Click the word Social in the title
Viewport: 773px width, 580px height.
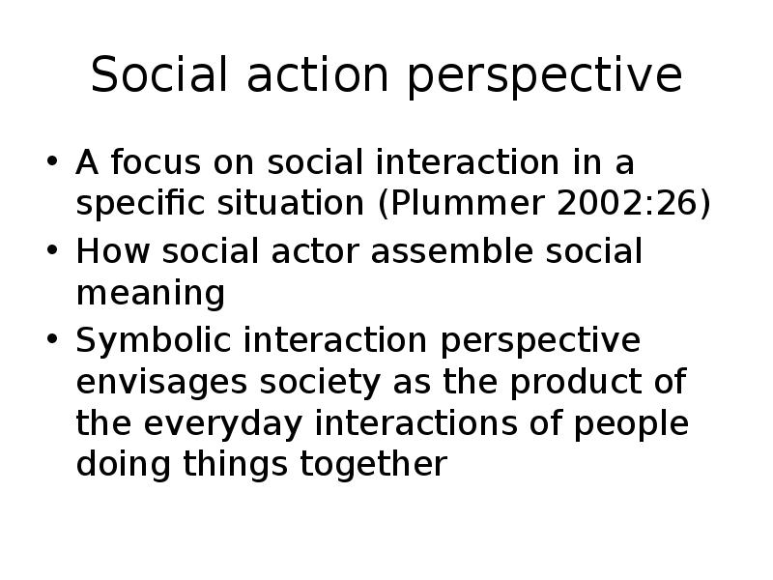pos(159,74)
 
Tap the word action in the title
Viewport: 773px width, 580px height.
pos(318,75)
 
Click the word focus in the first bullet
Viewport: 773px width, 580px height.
pos(156,161)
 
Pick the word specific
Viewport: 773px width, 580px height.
pos(140,203)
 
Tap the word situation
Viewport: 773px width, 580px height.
pos(291,203)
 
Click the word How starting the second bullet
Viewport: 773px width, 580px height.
pos(113,251)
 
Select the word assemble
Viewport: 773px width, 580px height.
pos(451,251)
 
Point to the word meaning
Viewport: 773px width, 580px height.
pos(151,295)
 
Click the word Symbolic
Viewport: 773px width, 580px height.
pos(154,340)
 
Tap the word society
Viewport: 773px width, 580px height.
pos(320,383)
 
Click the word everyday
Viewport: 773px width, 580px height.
pos(223,424)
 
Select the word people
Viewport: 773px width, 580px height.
pos(632,424)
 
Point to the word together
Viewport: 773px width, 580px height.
pos(374,464)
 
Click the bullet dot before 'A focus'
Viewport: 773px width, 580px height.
pos(52,160)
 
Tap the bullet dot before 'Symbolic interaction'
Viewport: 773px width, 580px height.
pos(52,339)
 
